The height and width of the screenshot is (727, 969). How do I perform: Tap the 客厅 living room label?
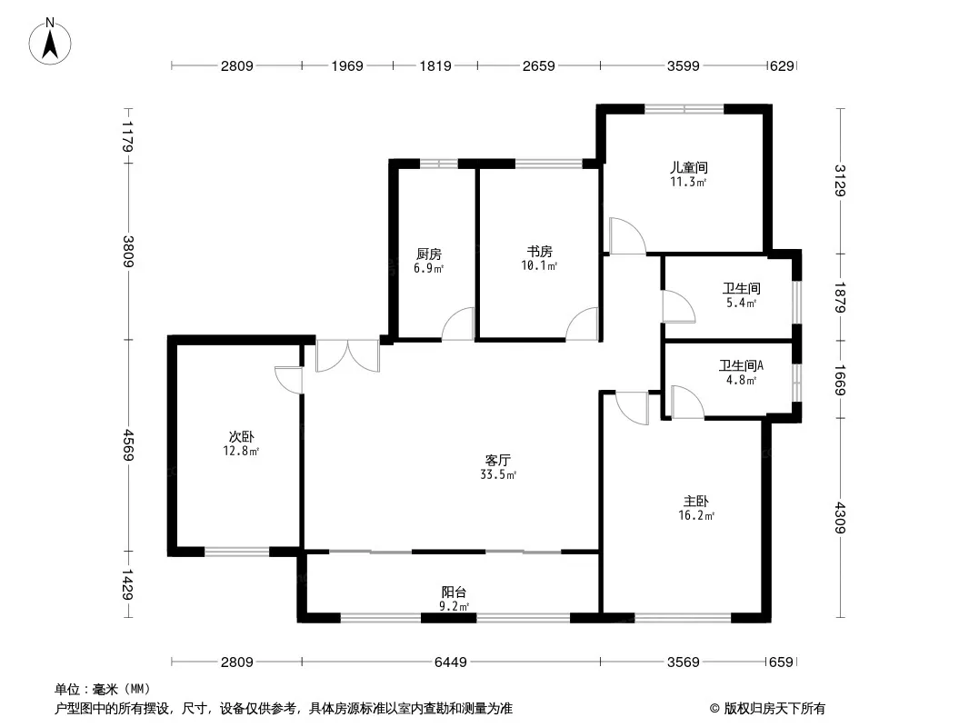coord(497,460)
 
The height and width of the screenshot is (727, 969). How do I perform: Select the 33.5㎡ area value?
coord(498,475)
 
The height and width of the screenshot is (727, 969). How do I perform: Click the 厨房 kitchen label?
coord(428,254)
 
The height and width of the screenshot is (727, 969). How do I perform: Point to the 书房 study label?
coord(540,252)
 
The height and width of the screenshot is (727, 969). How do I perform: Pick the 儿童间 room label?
coord(689,167)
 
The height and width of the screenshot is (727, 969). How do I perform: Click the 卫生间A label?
coord(741,365)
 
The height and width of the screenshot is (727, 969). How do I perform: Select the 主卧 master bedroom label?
coord(696,501)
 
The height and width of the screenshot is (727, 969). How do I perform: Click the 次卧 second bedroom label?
coord(241,437)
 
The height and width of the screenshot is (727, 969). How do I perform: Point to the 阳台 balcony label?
coord(454,593)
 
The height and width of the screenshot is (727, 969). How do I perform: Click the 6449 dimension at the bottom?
coord(451,662)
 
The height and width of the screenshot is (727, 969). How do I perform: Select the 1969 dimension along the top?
coord(347,65)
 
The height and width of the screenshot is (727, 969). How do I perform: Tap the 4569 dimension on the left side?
coord(128,444)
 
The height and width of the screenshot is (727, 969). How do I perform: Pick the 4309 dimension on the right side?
coord(840,518)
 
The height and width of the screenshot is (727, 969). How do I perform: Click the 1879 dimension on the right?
coord(840,297)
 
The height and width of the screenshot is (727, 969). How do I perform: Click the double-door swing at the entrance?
coord(347,356)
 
